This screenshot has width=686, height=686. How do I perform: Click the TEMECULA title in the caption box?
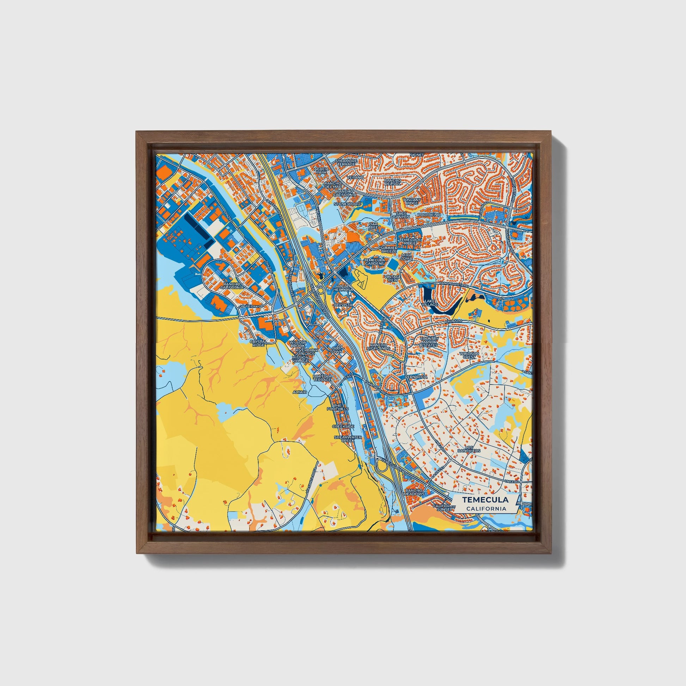[x=485, y=500]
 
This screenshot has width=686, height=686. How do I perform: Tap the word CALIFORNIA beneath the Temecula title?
[x=486, y=508]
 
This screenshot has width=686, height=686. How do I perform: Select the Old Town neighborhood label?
[x=337, y=350]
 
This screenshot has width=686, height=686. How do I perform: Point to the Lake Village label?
[x=431, y=302]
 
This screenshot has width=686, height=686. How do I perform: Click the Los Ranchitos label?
[x=469, y=449]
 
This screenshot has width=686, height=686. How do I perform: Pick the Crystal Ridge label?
[x=258, y=343]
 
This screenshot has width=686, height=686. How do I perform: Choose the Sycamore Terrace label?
[x=346, y=163]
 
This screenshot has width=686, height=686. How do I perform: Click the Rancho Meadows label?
[x=414, y=492]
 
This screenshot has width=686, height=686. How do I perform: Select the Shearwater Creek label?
[x=348, y=439]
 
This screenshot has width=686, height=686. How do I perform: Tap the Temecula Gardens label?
[x=374, y=262]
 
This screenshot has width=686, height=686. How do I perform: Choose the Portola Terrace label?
[x=322, y=378]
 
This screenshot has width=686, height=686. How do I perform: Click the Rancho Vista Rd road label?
[x=454, y=284]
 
